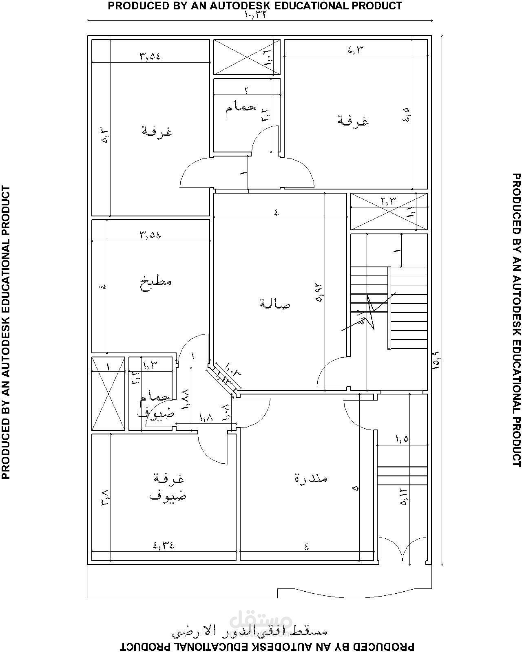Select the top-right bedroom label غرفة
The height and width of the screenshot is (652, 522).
(353, 121)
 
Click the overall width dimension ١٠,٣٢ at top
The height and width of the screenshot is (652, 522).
(258, 15)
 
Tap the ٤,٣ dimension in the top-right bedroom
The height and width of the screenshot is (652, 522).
(355, 50)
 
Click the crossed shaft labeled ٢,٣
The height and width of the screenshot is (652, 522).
(389, 211)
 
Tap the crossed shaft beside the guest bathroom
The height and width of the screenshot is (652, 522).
(108, 393)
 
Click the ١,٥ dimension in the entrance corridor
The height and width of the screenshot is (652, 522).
(402, 439)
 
